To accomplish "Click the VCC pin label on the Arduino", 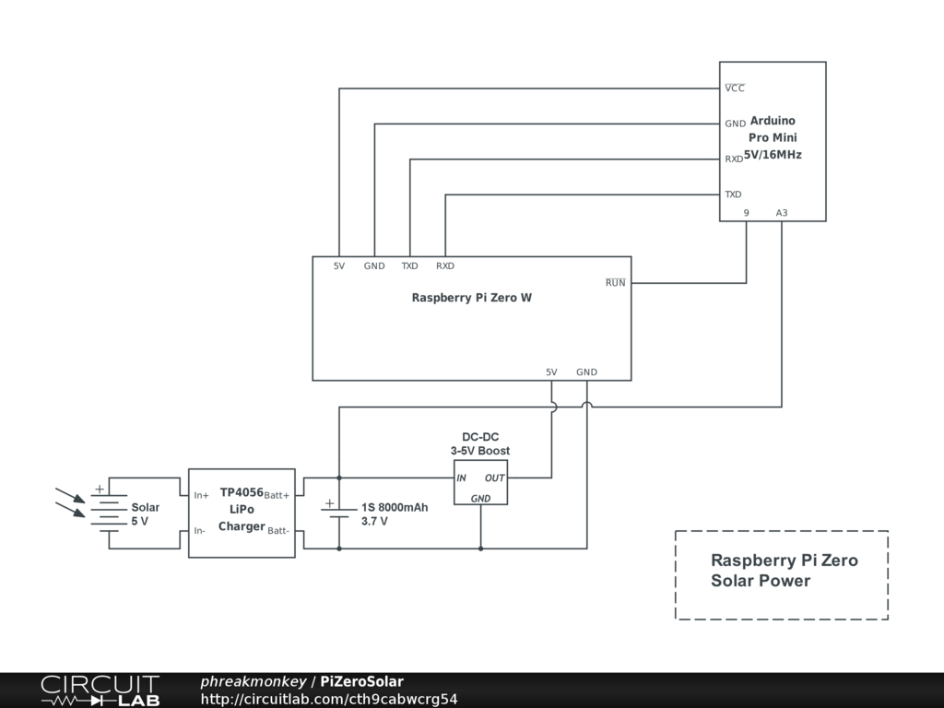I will tap(734, 88).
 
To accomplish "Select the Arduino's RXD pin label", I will tap(734, 159).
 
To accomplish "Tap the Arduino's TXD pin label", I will tap(733, 195).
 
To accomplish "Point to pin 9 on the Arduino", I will tap(746, 213).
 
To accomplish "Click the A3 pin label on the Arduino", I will tap(781, 213).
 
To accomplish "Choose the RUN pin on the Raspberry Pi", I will tap(615, 283).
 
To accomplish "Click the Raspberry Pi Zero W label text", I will tap(471, 298).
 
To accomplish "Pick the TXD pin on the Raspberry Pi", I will tap(409, 266).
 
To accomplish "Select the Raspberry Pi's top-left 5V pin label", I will tap(339, 266).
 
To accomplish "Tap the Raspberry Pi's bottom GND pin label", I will tap(586, 372).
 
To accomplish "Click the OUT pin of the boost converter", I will tap(495, 478).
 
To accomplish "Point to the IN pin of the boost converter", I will tap(462, 478).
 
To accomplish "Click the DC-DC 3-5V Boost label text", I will tap(480, 443).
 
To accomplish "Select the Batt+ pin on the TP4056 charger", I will tap(277, 495).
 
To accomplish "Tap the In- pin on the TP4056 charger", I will tap(200, 530).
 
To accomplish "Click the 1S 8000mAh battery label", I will tap(394, 513).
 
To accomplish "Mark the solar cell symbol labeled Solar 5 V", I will tap(108, 513).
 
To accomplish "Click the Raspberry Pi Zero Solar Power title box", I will tap(782, 574).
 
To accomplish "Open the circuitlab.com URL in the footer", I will tap(328, 699).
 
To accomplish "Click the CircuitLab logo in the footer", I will tap(100, 690).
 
